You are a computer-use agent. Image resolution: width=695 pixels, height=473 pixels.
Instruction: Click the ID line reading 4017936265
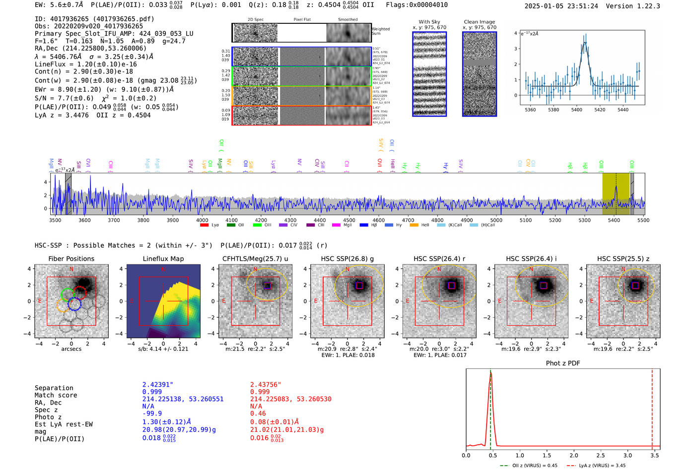point(94,19)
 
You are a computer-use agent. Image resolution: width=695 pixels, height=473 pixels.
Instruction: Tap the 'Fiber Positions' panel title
point(71,259)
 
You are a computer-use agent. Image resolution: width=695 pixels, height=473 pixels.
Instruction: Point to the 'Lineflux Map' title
point(163,259)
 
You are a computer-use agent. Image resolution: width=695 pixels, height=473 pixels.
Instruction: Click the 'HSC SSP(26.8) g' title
point(347,259)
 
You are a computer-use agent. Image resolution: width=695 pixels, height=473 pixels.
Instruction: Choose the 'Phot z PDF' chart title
point(562,363)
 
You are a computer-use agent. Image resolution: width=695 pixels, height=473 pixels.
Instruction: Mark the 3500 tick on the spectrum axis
point(55,220)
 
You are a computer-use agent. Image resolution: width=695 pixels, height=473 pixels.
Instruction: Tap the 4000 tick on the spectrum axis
point(202,220)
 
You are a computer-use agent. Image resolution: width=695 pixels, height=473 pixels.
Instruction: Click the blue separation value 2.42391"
point(157,385)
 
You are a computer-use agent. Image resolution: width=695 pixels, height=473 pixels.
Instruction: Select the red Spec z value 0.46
point(258,413)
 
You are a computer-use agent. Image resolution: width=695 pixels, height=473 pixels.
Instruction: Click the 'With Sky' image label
point(429,22)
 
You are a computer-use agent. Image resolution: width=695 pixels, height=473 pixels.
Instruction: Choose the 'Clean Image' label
point(479,22)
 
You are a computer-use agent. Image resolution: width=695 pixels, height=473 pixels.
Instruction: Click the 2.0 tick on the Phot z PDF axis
point(573,455)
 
